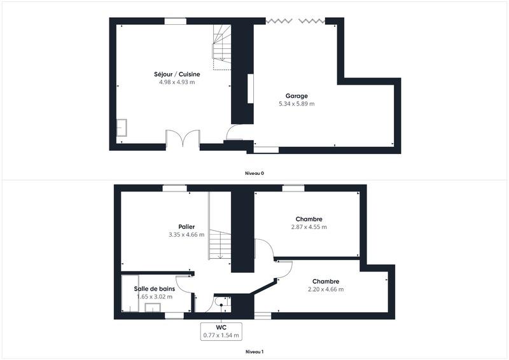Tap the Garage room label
[296, 96]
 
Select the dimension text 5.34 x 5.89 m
[296, 104]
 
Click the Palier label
[186, 227]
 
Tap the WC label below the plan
[221, 327]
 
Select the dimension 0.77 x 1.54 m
[221, 335]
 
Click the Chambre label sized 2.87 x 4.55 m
[309, 219]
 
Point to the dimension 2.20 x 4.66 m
[325, 289]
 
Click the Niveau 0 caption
[254, 173]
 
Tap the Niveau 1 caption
[254, 351]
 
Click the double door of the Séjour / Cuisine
[183, 139]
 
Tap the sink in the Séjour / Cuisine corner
[122, 127]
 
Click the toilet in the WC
[221, 301]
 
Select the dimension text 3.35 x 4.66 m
[186, 235]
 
